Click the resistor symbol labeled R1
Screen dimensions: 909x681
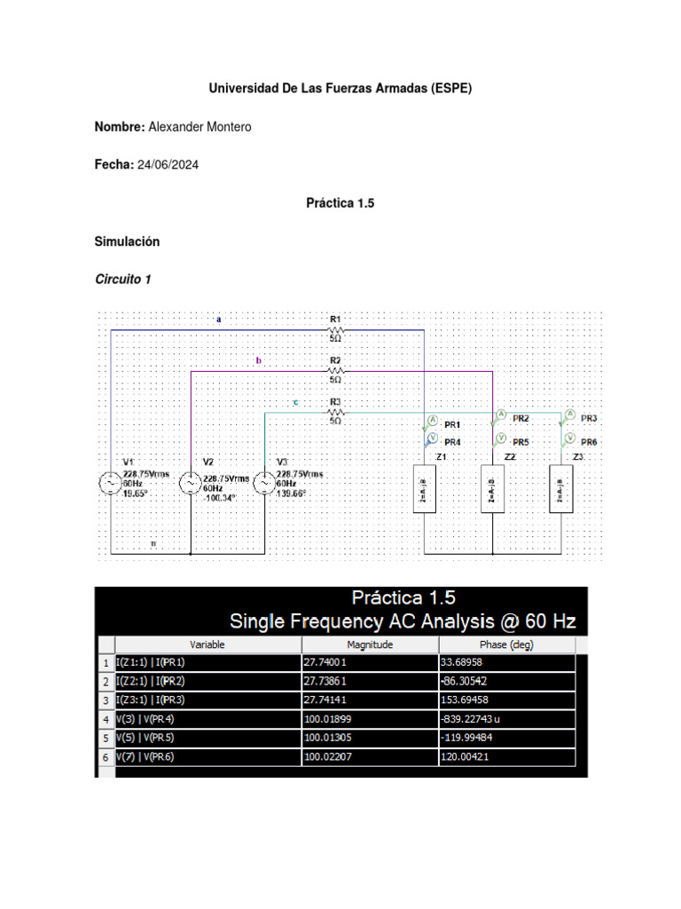(x=335, y=329)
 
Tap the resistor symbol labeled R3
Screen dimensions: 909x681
(x=335, y=412)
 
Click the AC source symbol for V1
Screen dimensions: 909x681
(x=110, y=484)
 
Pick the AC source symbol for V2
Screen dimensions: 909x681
(x=190, y=484)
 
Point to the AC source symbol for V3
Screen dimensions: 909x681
(x=264, y=484)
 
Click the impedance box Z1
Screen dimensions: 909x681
(x=424, y=488)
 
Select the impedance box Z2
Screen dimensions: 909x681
(x=493, y=488)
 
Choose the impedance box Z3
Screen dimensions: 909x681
(x=561, y=488)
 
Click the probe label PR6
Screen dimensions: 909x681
(x=589, y=441)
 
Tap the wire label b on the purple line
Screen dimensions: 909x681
(x=259, y=360)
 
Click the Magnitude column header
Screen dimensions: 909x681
(x=370, y=644)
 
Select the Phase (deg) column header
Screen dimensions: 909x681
(x=506, y=644)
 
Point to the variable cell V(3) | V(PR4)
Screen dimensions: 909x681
(x=152, y=719)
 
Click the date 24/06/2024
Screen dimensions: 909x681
(x=168, y=165)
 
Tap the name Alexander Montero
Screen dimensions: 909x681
(x=200, y=127)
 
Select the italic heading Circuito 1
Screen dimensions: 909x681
(x=123, y=280)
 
